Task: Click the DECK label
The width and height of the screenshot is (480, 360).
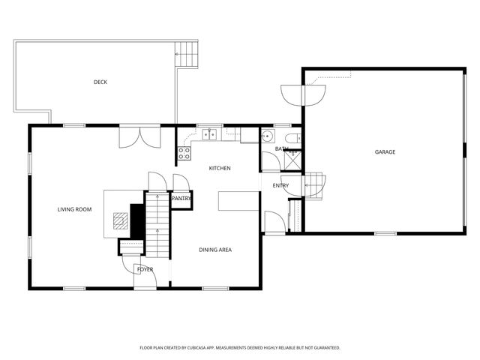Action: (100, 82)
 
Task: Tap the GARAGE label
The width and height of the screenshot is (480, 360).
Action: (385, 152)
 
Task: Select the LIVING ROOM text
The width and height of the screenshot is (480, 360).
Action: (74, 209)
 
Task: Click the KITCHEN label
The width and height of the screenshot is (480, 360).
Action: (219, 168)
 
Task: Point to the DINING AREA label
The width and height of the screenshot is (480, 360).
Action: (214, 249)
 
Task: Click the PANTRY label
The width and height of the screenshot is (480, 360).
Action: (181, 199)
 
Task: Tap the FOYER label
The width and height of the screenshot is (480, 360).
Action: (145, 268)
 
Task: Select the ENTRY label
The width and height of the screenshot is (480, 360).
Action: (280, 186)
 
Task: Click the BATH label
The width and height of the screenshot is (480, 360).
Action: (281, 148)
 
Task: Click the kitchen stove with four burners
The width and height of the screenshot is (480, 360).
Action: (183, 153)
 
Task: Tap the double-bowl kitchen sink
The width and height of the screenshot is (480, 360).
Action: (208, 135)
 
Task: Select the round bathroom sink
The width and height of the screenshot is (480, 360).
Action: (267, 136)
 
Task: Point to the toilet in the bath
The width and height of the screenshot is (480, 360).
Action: (294, 137)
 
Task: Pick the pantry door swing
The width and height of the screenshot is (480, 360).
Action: (181, 183)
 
